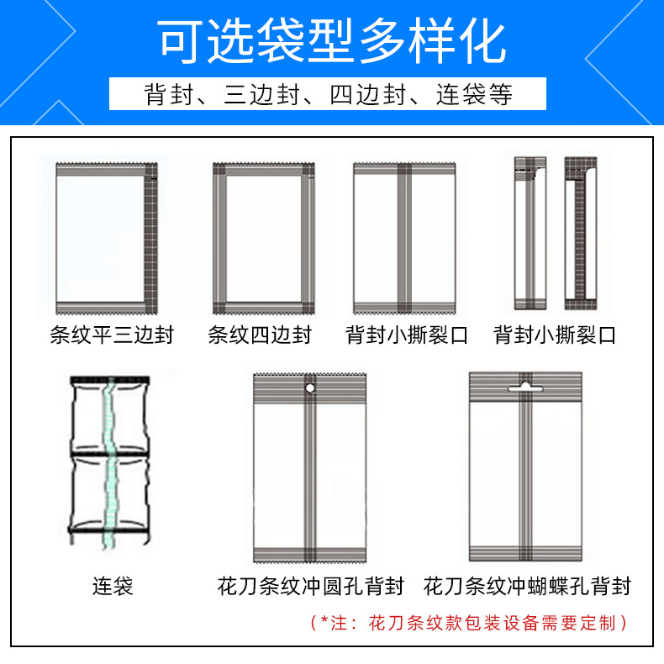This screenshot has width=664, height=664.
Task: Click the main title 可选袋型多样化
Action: [331, 41]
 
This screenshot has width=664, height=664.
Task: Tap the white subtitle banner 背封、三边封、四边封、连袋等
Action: [328, 93]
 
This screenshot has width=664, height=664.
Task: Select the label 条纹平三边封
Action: [112, 335]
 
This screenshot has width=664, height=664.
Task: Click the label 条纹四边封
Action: [260, 335]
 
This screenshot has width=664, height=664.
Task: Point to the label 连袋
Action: [113, 586]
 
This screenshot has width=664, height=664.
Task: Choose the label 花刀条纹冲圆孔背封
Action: [311, 586]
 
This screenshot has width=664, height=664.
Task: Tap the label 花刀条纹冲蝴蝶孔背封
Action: [527, 586]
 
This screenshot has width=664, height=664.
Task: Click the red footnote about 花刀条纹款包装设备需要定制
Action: [469, 623]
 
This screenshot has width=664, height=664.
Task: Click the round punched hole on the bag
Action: [310, 388]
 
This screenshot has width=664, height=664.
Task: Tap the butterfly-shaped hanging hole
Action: [525, 387]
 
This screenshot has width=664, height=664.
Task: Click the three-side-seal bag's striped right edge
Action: [151, 239]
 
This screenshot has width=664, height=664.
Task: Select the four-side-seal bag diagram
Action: [264, 239]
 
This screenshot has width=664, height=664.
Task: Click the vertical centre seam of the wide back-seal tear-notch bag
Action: [404, 239]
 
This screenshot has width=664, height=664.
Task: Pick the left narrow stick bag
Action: [530, 234]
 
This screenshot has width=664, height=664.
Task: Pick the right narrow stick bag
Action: [581, 234]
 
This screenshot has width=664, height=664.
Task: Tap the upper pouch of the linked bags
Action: [110, 416]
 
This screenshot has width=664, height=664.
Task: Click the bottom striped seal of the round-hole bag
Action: [309, 555]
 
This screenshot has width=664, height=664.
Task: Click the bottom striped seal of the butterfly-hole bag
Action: [525, 553]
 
